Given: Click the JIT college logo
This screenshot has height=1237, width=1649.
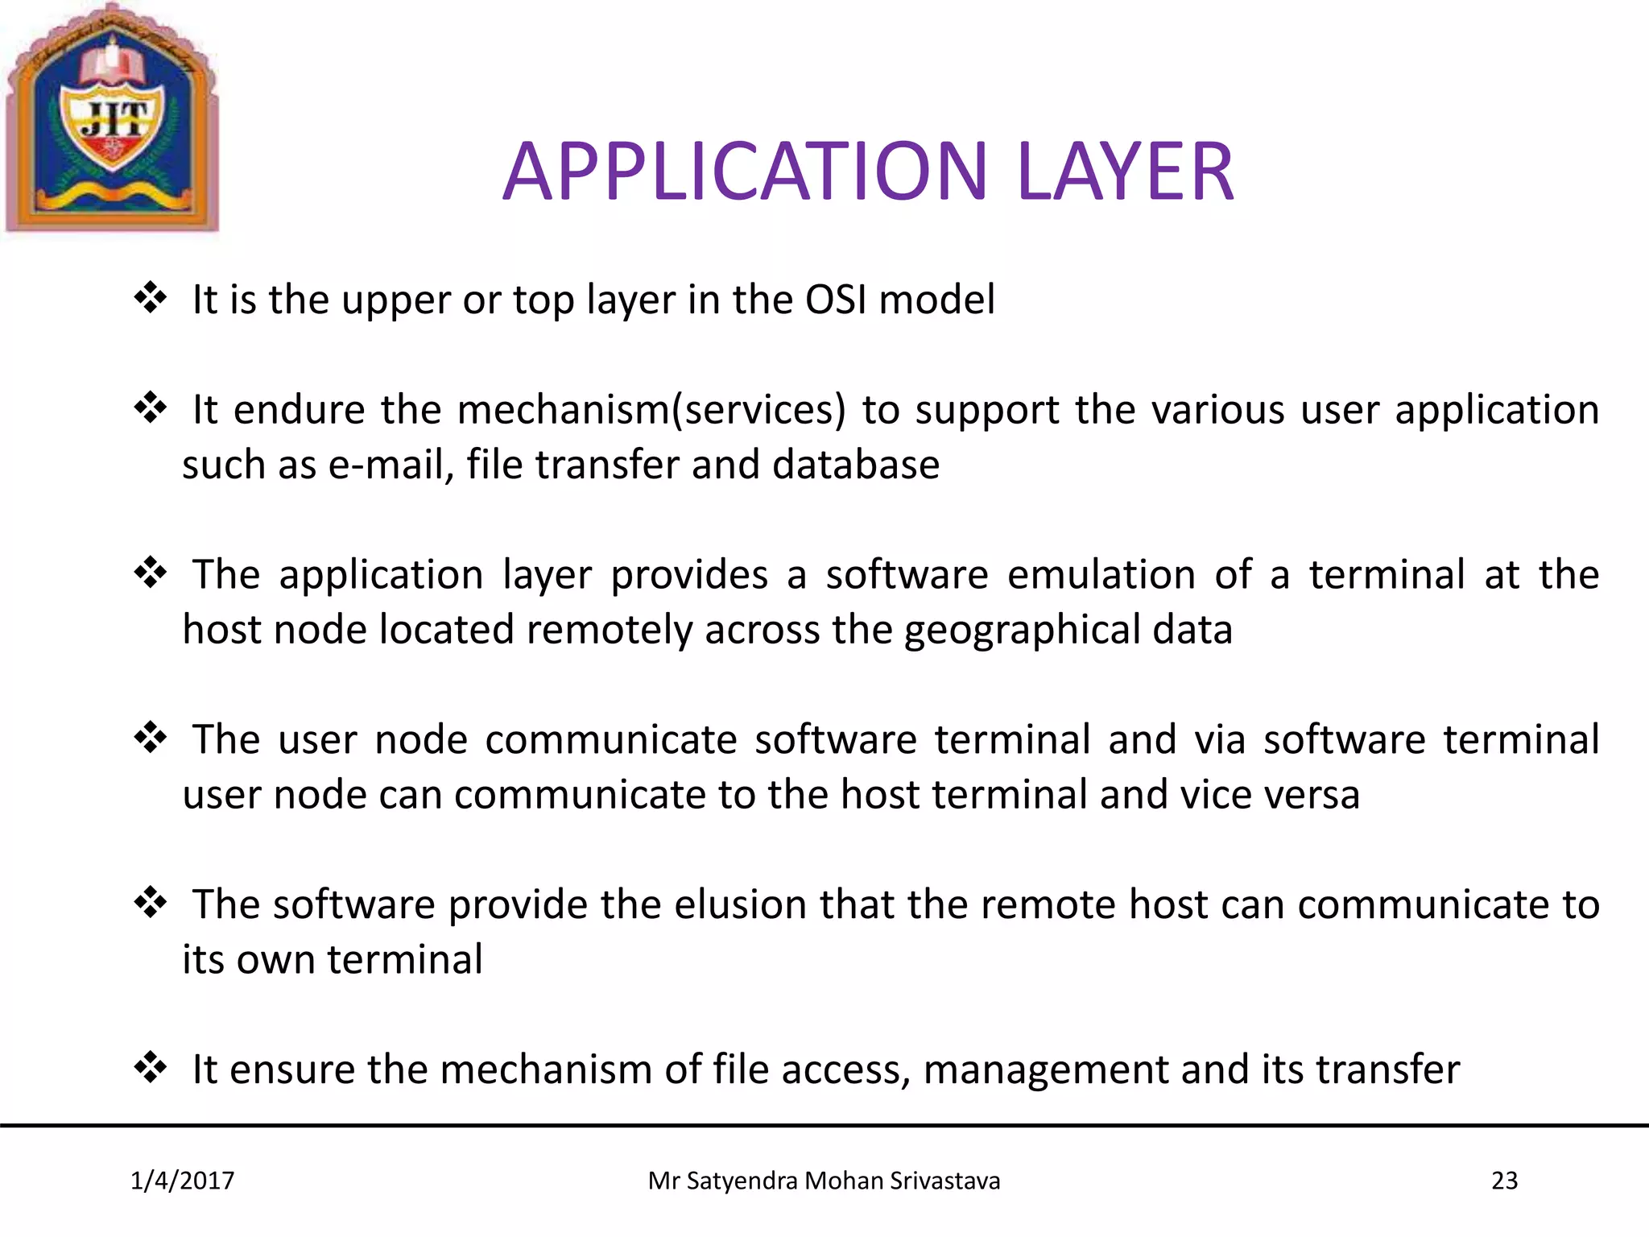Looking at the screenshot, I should coord(112,119).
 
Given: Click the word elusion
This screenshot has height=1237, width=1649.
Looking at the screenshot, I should coord(740,905).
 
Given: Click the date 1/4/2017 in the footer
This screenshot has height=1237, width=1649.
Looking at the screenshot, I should coord(183,1181).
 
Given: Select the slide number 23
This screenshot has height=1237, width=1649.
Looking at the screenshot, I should coord(1504,1181).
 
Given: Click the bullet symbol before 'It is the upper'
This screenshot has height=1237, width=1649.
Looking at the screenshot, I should coord(150,298).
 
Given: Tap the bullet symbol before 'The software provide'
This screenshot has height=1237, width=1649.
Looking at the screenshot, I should coord(150,903).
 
